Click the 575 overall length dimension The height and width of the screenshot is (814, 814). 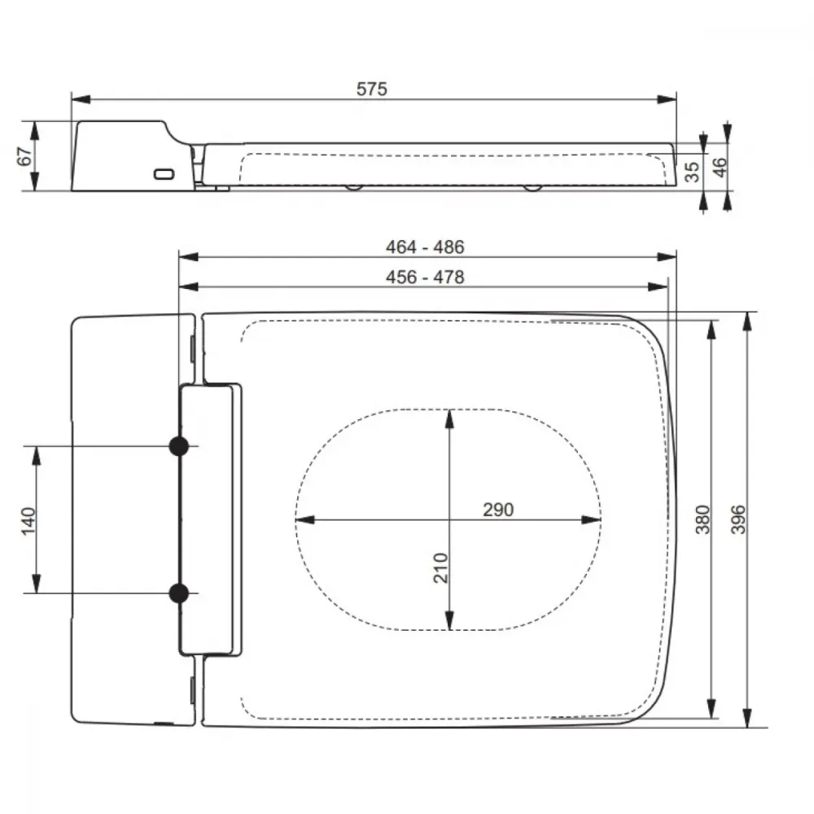(372, 90)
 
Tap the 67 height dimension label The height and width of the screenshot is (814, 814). (25, 155)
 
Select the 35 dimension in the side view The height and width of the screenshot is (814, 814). (692, 172)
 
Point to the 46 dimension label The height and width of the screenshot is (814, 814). (720, 167)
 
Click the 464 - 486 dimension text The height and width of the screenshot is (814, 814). (425, 247)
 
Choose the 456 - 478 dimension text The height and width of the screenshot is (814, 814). (425, 278)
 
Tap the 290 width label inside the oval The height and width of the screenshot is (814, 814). (498, 510)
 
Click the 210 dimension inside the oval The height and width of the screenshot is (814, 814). (440, 568)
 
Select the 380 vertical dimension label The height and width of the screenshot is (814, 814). (702, 519)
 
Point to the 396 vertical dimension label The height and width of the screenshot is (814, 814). (737, 519)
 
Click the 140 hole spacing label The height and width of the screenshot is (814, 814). (28, 521)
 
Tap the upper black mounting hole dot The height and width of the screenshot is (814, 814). (179, 446)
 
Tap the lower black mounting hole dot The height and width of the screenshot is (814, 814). (179, 593)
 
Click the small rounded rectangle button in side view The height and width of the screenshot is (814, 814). (164, 174)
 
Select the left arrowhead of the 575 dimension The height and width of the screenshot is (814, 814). (81, 99)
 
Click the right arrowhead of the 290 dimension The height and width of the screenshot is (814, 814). (591, 519)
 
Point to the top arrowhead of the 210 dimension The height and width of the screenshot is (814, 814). (449, 419)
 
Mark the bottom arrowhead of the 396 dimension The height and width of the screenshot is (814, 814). (747, 717)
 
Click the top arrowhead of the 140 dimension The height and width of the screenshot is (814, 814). (37, 456)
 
